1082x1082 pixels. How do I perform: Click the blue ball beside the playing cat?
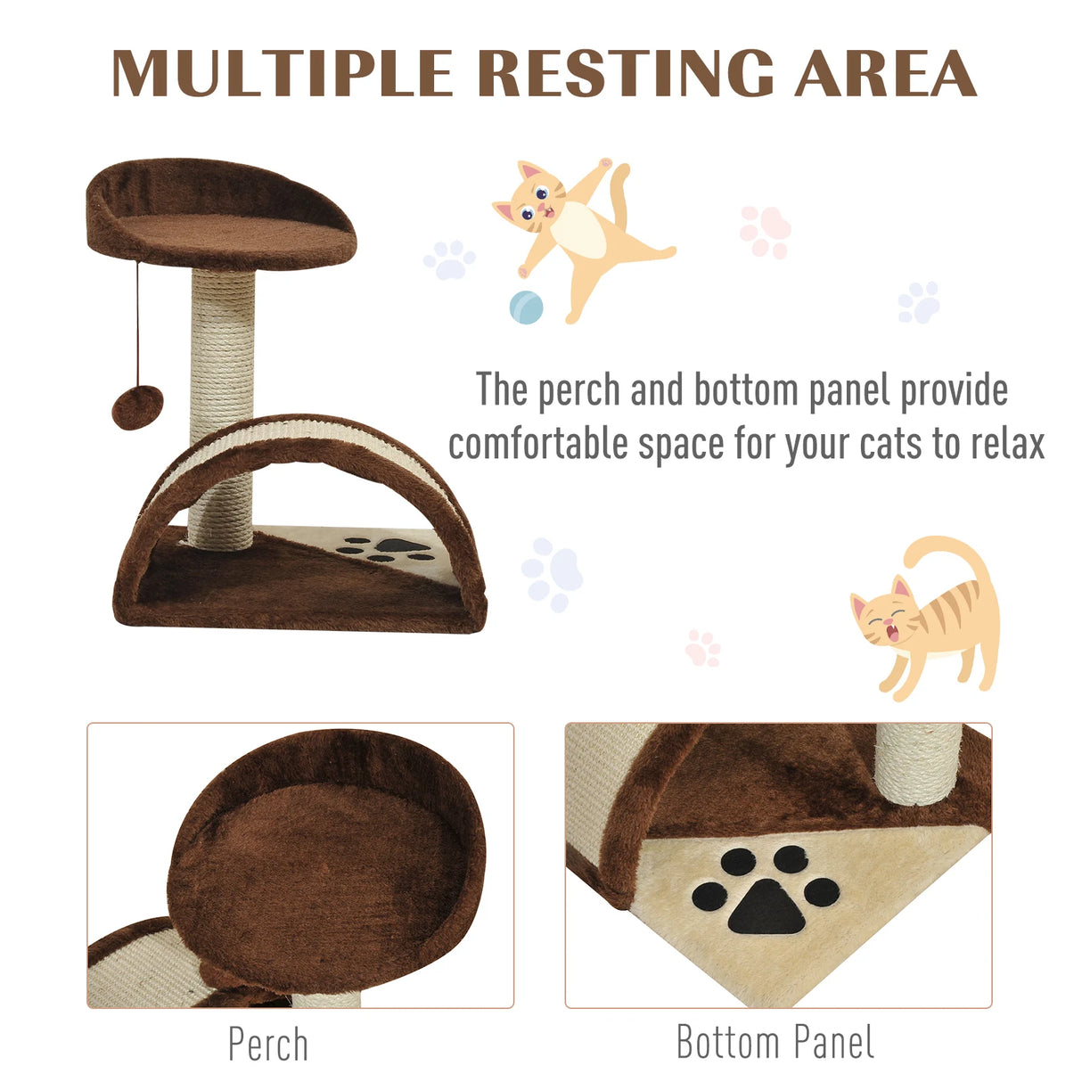point(526,307)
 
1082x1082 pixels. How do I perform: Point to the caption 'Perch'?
point(267,1045)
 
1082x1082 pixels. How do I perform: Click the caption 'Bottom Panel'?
point(775,1043)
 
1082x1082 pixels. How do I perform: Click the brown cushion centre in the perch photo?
point(321,856)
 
